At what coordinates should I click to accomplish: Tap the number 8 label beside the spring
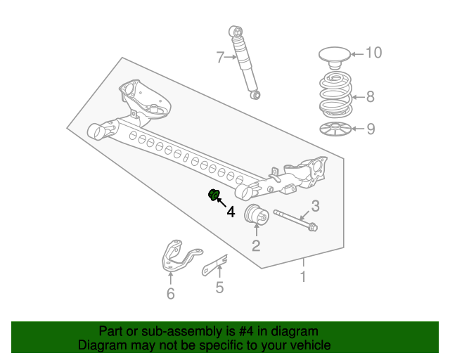tap(370, 97)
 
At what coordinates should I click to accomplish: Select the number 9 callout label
tap(370, 129)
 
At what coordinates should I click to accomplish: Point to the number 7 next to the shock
tap(220, 56)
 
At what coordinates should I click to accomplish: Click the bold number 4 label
tap(231, 211)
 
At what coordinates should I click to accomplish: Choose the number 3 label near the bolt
tap(316, 206)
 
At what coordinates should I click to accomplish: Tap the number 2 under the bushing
tap(256, 245)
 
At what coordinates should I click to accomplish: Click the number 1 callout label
tap(303, 276)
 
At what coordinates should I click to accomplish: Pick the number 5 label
tap(219, 287)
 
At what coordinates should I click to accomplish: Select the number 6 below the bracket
tap(170, 294)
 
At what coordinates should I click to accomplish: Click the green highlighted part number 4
tap(214, 195)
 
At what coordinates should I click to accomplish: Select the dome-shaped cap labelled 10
tap(334, 54)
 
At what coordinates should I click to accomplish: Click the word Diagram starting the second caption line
tap(100, 345)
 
